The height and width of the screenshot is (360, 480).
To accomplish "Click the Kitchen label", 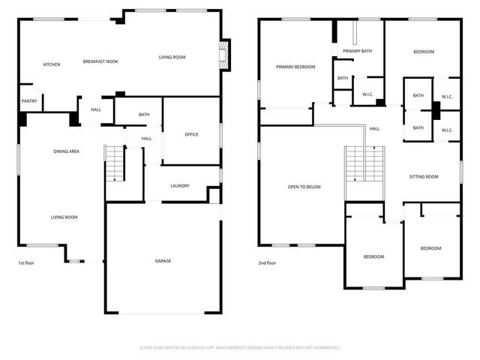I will (x=52, y=64).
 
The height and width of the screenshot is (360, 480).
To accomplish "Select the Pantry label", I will (x=29, y=101).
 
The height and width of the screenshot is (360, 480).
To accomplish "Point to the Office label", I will (x=191, y=134).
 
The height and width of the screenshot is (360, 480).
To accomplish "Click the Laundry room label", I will (x=180, y=186).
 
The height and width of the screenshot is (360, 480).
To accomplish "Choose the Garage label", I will (x=163, y=261).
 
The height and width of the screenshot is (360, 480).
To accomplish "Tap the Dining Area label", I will (x=67, y=151).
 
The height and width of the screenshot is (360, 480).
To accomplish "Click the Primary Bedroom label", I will (x=295, y=67).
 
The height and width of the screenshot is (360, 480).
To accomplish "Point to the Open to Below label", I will (x=304, y=187).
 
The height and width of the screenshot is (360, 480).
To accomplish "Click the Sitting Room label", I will (x=424, y=177).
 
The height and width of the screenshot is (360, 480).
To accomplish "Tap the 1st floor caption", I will (x=27, y=263).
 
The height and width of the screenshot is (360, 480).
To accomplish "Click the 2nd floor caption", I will (x=268, y=263).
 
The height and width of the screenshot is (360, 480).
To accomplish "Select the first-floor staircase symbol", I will (x=115, y=163).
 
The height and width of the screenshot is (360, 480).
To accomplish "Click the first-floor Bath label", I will (x=144, y=115).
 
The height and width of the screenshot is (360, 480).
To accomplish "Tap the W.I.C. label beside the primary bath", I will (x=368, y=94).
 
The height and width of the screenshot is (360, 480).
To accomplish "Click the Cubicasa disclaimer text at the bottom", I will (x=240, y=348).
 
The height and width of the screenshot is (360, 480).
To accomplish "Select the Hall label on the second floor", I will (x=374, y=128).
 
